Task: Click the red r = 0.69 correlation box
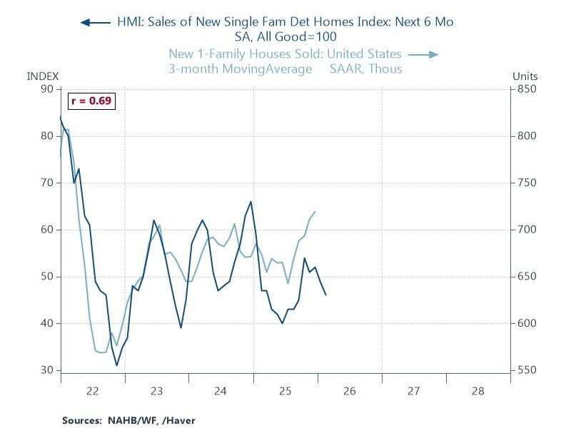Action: (x=91, y=101)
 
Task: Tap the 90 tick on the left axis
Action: (x=46, y=88)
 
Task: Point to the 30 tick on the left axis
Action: (x=46, y=370)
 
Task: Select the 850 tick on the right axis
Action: (x=526, y=88)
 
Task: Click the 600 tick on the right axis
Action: (x=526, y=323)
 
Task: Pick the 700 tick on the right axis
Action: (x=526, y=230)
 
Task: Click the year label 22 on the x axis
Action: (x=92, y=391)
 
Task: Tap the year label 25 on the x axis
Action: (x=285, y=391)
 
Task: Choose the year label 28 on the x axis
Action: (x=478, y=391)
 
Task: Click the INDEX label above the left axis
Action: (x=42, y=76)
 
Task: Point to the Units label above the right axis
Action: (x=525, y=76)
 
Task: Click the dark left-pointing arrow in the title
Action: (x=96, y=22)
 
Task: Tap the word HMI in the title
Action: (x=130, y=22)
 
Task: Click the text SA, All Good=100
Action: (x=285, y=37)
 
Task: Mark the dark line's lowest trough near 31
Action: (x=117, y=365)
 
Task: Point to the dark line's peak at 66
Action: (x=251, y=202)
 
